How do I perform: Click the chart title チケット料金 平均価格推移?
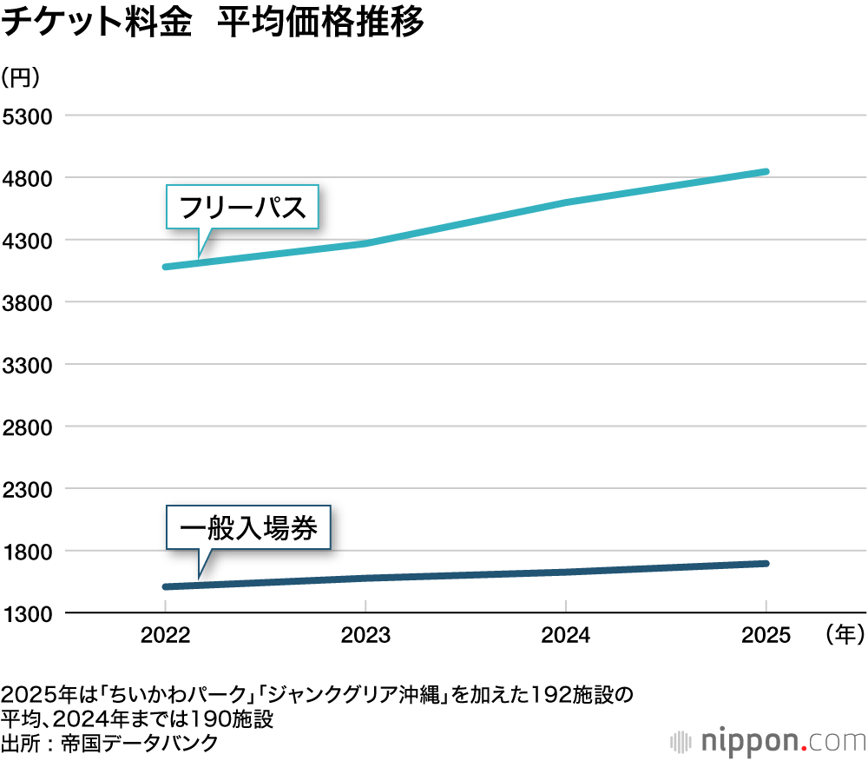click(x=213, y=23)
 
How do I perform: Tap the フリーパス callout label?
click(x=242, y=208)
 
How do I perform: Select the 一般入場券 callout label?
click(x=248, y=527)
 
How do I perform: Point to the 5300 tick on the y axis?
click(x=30, y=116)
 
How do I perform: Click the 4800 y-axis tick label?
click(x=30, y=179)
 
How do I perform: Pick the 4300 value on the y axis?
click(x=30, y=241)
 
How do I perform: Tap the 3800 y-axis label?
click(x=30, y=303)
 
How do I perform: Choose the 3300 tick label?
click(x=30, y=365)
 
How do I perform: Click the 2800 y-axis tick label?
click(x=30, y=427)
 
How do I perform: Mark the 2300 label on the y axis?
click(x=30, y=489)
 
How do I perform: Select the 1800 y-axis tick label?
click(x=30, y=552)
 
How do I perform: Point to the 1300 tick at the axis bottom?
click(x=30, y=613)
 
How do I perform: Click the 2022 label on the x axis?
click(x=165, y=636)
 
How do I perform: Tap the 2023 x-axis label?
click(x=365, y=636)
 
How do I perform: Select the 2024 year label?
click(x=566, y=636)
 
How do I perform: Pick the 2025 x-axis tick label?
click(x=766, y=636)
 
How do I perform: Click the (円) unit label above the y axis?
click(x=20, y=77)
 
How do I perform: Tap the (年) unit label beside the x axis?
click(x=841, y=636)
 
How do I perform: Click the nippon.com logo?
click(x=768, y=741)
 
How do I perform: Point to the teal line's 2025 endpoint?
click(x=765, y=172)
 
